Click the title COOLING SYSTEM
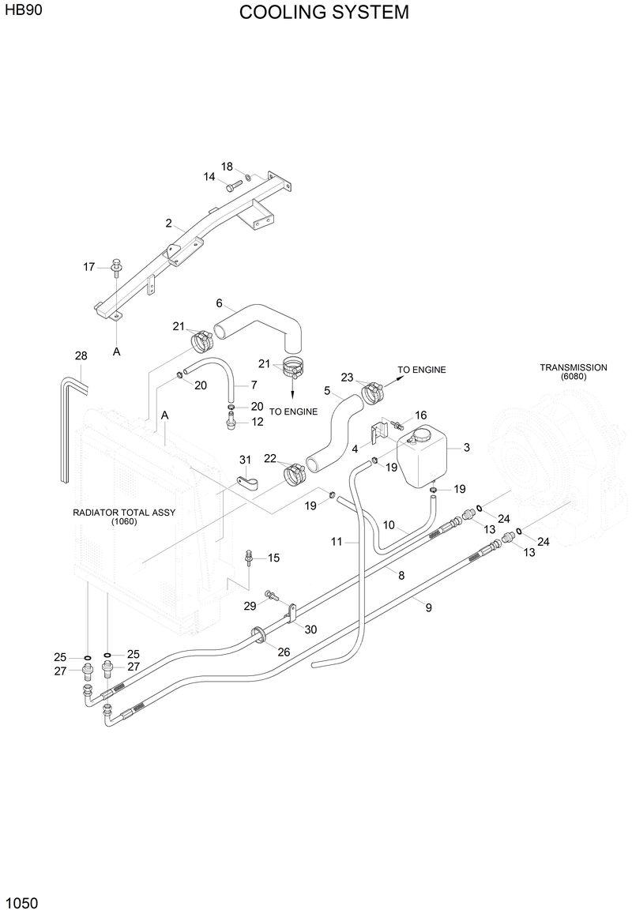tap(324, 13)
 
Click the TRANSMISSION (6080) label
tap(573, 372)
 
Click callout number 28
tap(81, 356)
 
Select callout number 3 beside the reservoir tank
tap(467, 448)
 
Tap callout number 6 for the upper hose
tap(220, 303)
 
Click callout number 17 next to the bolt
tap(89, 267)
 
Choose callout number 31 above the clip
tap(245, 460)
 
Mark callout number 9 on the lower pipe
tap(428, 608)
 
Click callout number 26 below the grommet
tap(283, 652)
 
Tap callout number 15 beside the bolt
tap(273, 558)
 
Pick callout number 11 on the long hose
tap(337, 542)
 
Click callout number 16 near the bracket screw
tap(420, 415)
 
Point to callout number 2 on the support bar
tap(169, 224)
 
